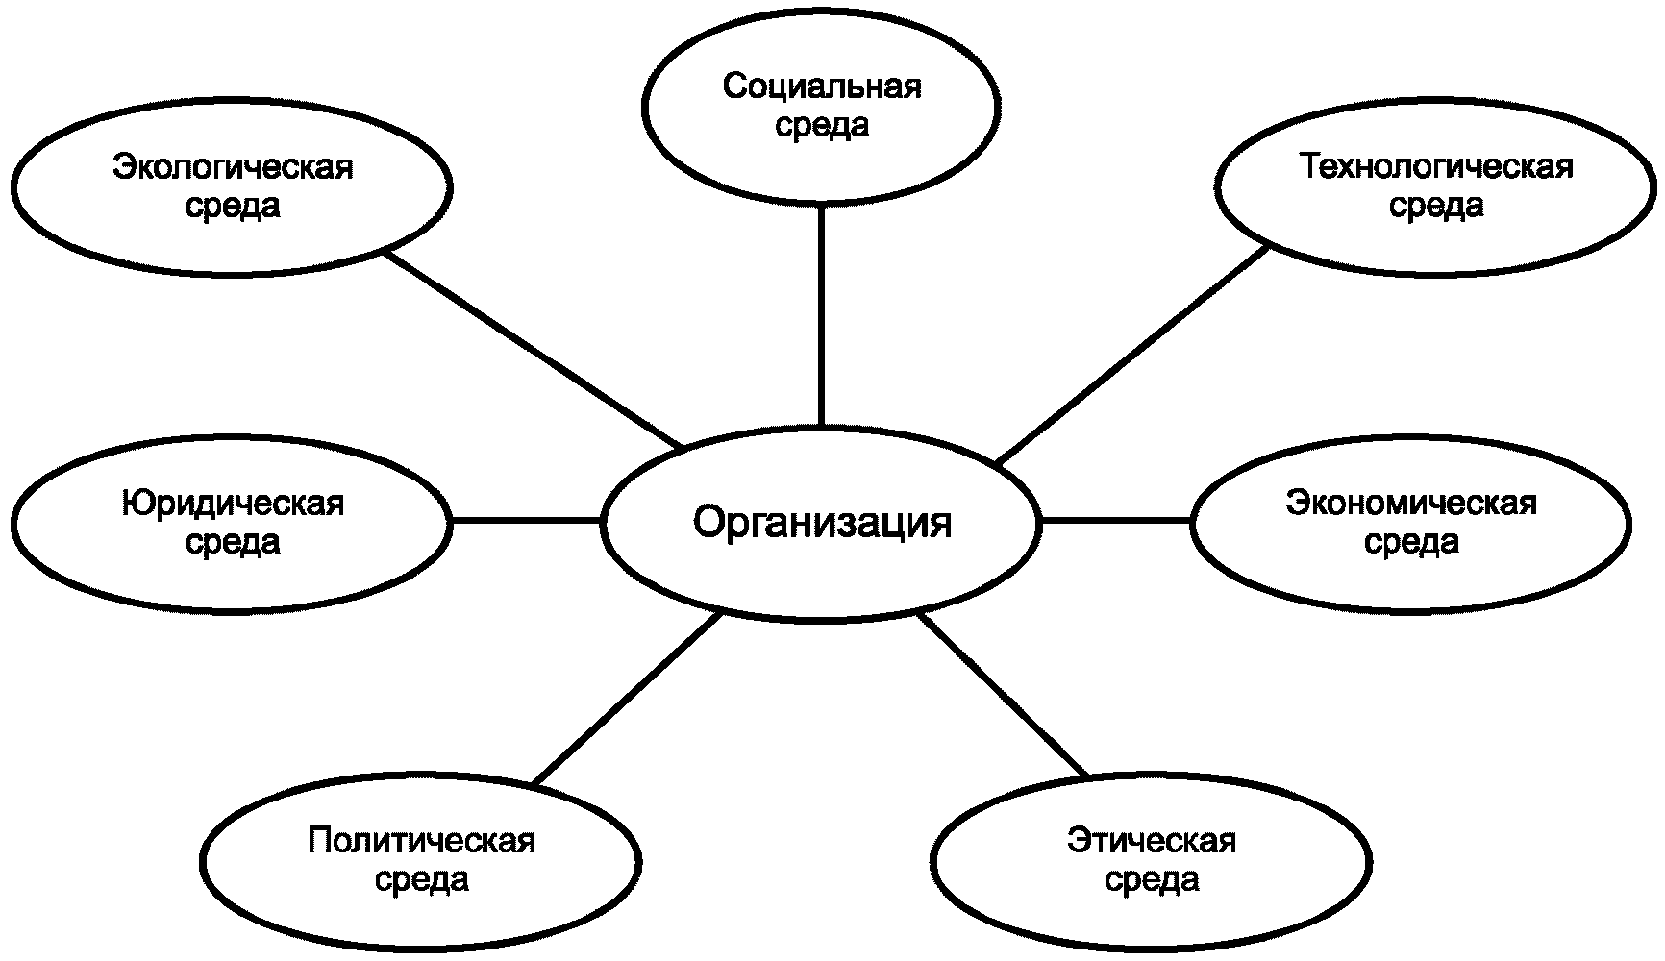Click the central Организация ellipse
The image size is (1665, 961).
tap(821, 524)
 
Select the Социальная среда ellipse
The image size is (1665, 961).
tap(821, 106)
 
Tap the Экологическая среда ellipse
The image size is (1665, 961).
tap(233, 186)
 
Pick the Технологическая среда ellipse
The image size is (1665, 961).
tap(1436, 186)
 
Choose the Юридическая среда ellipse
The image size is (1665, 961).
tap(233, 523)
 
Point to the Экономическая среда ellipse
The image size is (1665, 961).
tap(1411, 523)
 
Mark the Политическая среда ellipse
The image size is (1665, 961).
tap(421, 860)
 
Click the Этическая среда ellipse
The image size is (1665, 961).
tap(1151, 860)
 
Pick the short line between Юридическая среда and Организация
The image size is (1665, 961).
tap(526, 521)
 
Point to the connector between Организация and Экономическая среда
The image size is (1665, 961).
tap(1116, 521)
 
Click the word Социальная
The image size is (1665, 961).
tap(821, 87)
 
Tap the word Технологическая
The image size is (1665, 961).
tap(1436, 167)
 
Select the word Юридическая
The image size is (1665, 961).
tap(233, 504)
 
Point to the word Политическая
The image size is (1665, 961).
tap(421, 841)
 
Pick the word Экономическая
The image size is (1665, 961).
tap(1411, 504)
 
